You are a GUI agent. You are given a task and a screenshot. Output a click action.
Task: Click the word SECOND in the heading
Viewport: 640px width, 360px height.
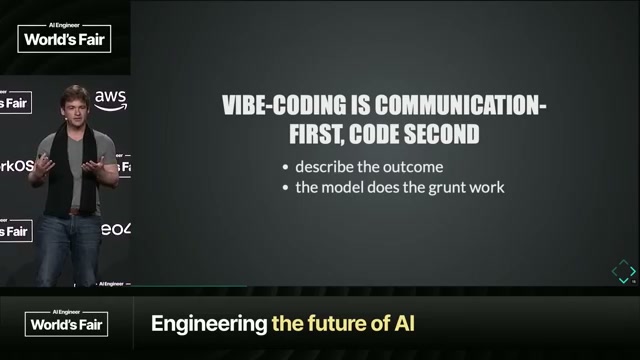point(441,133)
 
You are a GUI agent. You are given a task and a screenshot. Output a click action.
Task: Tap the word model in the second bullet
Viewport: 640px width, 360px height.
point(340,186)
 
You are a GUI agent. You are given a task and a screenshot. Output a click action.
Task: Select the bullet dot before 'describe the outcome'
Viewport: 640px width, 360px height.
point(286,167)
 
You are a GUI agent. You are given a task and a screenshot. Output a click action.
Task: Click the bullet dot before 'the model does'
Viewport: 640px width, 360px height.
point(286,187)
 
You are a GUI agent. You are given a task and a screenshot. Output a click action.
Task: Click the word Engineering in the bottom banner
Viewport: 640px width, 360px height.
point(207,324)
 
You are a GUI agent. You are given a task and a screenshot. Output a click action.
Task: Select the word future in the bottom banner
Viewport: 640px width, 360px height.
point(334,324)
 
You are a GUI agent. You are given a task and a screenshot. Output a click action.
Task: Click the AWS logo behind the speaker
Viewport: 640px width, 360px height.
point(112,99)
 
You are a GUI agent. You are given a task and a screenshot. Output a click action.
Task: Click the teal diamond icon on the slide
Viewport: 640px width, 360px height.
point(624,271)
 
